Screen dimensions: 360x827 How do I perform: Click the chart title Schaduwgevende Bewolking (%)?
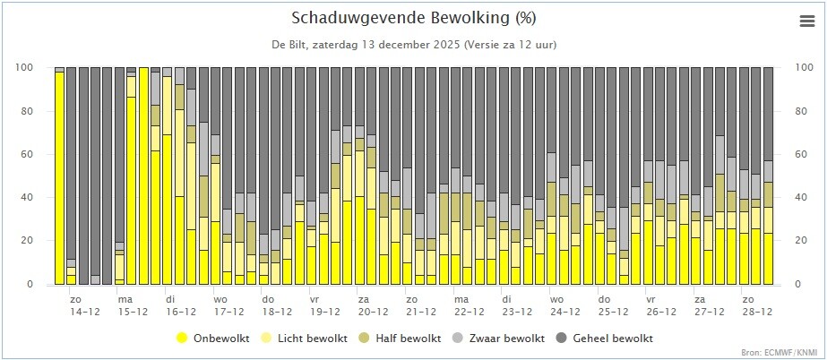tap(414, 18)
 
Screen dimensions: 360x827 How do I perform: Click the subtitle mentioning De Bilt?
tap(414, 44)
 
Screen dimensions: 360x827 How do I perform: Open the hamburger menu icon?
tap(805, 21)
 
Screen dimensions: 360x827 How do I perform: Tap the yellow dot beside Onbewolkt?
tap(182, 339)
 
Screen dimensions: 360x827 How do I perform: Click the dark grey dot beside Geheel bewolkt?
tap(562, 339)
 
